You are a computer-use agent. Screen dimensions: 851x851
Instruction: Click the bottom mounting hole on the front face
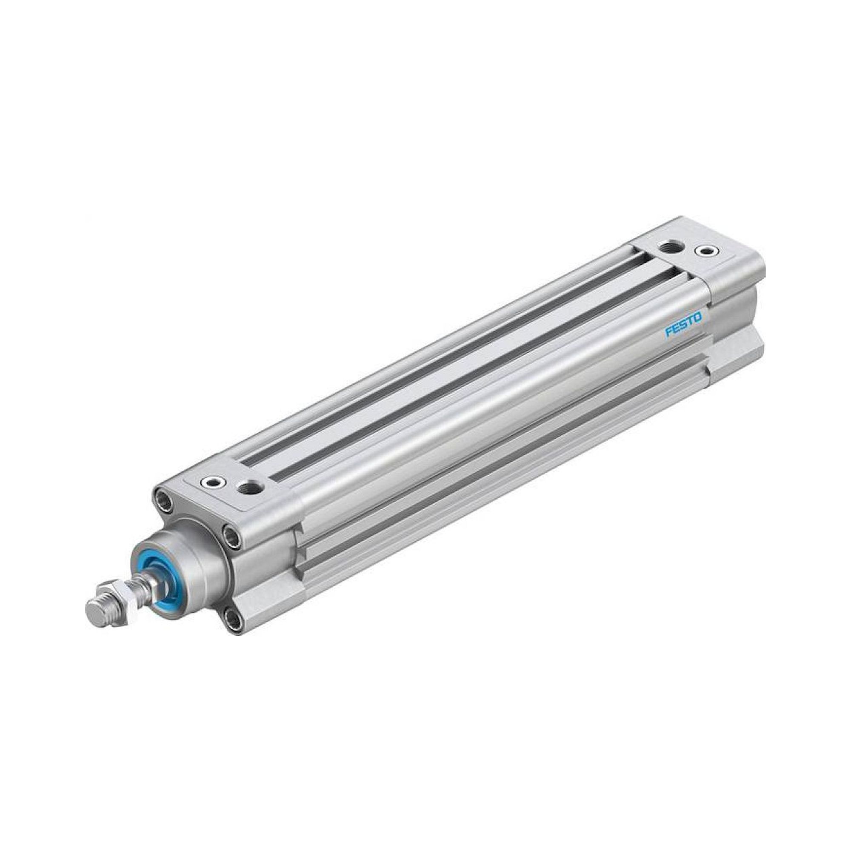coord(233,620)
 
